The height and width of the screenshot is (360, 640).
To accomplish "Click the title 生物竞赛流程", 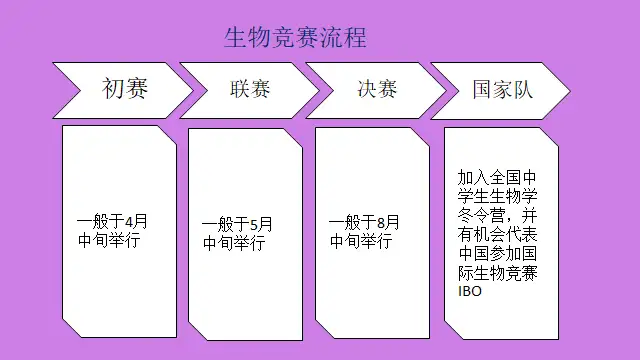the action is tap(296, 38).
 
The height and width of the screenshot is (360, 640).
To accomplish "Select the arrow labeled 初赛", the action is tap(123, 91).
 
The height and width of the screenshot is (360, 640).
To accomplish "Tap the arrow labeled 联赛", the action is tap(249, 91).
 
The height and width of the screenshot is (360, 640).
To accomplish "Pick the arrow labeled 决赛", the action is tap(376, 91).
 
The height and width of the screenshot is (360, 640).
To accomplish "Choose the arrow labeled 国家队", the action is tap(500, 91).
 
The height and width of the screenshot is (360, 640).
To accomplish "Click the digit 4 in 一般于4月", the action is tap(129, 222).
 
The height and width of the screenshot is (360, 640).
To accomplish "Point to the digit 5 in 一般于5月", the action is tap(254, 224).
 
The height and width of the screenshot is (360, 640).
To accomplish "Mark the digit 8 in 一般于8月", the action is tap(381, 223).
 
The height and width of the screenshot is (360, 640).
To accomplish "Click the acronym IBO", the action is tap(470, 291).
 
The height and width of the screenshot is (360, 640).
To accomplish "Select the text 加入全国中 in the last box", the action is tap(497, 178).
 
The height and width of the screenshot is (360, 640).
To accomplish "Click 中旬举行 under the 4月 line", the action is tap(109, 240).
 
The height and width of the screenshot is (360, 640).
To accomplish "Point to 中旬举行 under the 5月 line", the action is tap(234, 243).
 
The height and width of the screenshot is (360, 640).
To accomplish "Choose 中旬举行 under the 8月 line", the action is tap(361, 241).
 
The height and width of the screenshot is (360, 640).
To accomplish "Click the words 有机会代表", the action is tap(497, 234).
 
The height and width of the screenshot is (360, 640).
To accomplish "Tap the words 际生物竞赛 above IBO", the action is tap(497, 273).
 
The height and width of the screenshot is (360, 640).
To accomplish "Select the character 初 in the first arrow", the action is tap(113, 88).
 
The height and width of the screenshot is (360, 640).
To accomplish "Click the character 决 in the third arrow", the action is tap(367, 89).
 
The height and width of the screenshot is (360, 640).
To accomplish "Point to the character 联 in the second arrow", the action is tap(240, 89).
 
